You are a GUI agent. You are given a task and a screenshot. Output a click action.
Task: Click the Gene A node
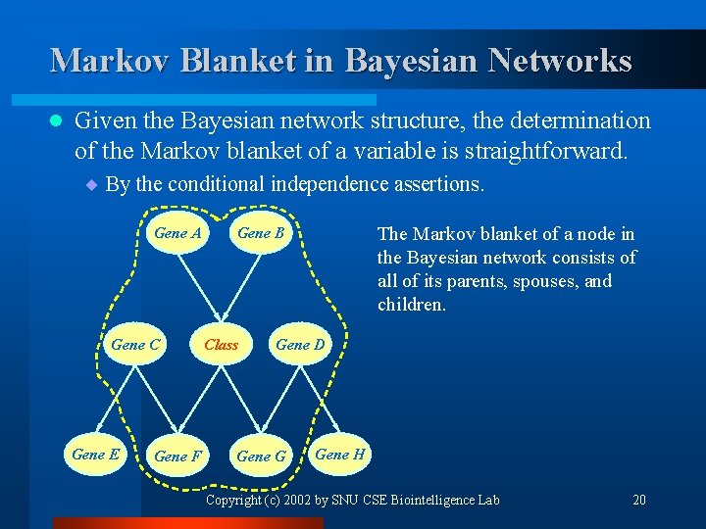click(x=177, y=233)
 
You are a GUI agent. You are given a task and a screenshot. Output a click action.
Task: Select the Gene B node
click(x=261, y=233)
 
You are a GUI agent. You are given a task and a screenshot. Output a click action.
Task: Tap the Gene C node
click(x=135, y=345)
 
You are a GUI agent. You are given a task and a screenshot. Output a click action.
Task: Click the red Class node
click(x=221, y=345)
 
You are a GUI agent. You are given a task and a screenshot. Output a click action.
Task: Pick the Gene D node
click(x=300, y=345)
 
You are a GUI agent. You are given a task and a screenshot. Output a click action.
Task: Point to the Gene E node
click(x=96, y=455)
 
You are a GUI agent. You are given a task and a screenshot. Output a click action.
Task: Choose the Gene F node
click(x=178, y=457)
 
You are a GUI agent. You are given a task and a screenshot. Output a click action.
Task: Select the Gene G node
click(x=262, y=457)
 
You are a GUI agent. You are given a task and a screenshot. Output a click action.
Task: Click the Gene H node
click(x=340, y=455)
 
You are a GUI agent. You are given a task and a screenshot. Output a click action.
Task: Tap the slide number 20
click(x=639, y=501)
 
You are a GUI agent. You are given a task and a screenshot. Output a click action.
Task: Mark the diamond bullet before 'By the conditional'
click(x=90, y=183)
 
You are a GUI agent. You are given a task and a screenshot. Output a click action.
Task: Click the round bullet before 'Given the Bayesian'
click(x=56, y=121)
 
